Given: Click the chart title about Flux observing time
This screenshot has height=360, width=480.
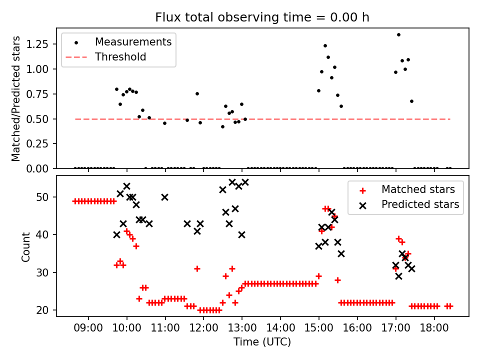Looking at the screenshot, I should [x=262, y=18].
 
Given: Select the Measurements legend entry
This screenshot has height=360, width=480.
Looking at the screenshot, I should [x=133, y=41].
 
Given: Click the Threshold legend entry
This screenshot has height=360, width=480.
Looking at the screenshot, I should [x=120, y=57].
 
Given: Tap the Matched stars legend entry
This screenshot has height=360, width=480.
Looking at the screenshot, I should [x=418, y=189].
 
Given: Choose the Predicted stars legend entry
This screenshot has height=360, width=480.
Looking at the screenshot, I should [x=420, y=204].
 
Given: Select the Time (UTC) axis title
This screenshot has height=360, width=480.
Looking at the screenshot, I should [x=262, y=342].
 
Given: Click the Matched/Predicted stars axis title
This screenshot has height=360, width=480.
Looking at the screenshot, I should [x=16, y=98].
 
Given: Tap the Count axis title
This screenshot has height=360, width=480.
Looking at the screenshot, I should [x=25, y=246].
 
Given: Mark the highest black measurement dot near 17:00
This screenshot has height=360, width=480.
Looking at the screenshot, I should [x=398, y=35].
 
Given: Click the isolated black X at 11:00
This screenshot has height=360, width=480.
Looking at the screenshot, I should [x=164, y=197].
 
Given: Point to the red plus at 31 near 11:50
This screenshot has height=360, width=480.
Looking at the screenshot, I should [x=197, y=268].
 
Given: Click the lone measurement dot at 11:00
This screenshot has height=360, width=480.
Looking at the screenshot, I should [x=164, y=123].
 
